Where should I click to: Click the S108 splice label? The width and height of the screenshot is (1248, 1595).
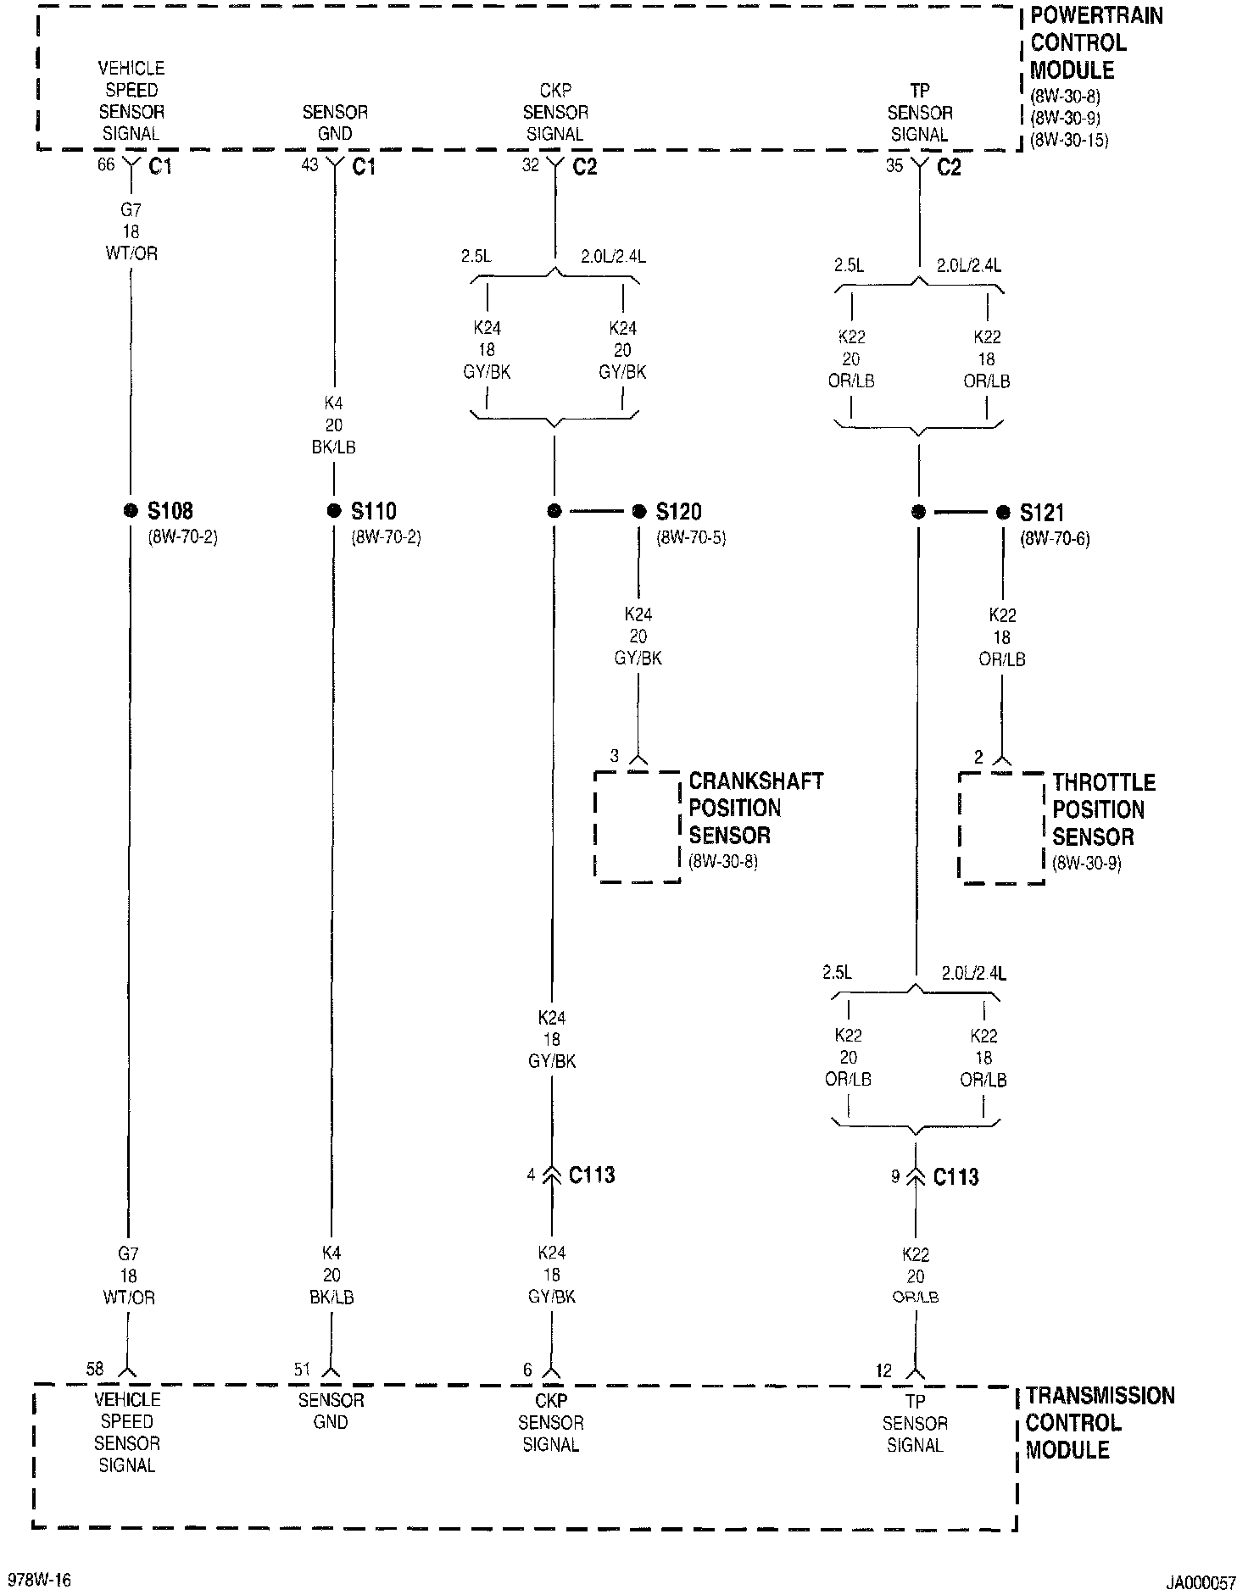(170, 511)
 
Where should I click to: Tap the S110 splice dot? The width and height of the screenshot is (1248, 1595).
(334, 511)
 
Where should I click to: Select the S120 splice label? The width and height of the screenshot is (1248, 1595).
(678, 512)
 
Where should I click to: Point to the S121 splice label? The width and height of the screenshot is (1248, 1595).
(1042, 513)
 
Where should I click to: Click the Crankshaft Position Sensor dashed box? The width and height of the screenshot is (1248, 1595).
(638, 826)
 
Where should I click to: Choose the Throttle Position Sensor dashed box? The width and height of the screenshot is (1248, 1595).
(1001, 828)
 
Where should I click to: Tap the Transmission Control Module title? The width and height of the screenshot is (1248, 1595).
(1100, 1422)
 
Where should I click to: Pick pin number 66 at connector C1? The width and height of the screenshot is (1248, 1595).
(105, 164)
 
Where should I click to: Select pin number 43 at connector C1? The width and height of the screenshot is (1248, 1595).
(309, 164)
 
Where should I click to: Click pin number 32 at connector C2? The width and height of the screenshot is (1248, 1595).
(530, 165)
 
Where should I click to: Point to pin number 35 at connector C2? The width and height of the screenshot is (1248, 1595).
(894, 166)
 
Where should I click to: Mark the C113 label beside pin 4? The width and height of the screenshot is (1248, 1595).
(592, 1175)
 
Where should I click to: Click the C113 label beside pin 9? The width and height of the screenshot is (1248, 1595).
(955, 1176)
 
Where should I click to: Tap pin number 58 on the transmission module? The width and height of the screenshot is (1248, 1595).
(94, 1369)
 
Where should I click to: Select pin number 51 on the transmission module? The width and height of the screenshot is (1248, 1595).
(302, 1369)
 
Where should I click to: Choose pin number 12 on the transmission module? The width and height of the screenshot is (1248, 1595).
(883, 1370)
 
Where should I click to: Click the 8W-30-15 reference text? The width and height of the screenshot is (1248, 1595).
(1068, 141)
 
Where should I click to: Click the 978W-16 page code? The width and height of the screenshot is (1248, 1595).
(39, 1580)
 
